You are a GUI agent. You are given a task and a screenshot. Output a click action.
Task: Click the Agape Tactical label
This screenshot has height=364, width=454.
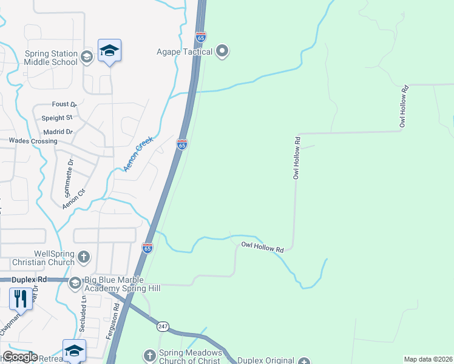pos(184,52)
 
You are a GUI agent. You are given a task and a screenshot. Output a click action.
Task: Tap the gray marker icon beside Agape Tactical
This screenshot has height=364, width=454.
pos(223,52)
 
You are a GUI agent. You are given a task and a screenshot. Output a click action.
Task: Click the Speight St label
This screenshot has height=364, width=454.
pos(57,118)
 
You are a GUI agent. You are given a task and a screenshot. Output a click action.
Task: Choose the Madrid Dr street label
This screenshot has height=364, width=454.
pos(58,132)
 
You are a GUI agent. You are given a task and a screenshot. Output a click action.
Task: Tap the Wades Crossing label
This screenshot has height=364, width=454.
pos(33,141)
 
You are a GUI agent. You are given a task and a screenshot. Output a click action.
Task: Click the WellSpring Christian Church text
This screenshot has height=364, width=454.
pos(37,257)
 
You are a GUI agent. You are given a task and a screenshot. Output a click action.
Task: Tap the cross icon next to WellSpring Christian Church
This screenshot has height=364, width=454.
pos(84,257)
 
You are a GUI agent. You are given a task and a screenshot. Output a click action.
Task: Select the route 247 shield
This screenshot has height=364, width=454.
pos(162,326)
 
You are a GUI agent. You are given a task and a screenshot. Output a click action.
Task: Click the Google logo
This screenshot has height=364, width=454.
pos(19,357)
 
